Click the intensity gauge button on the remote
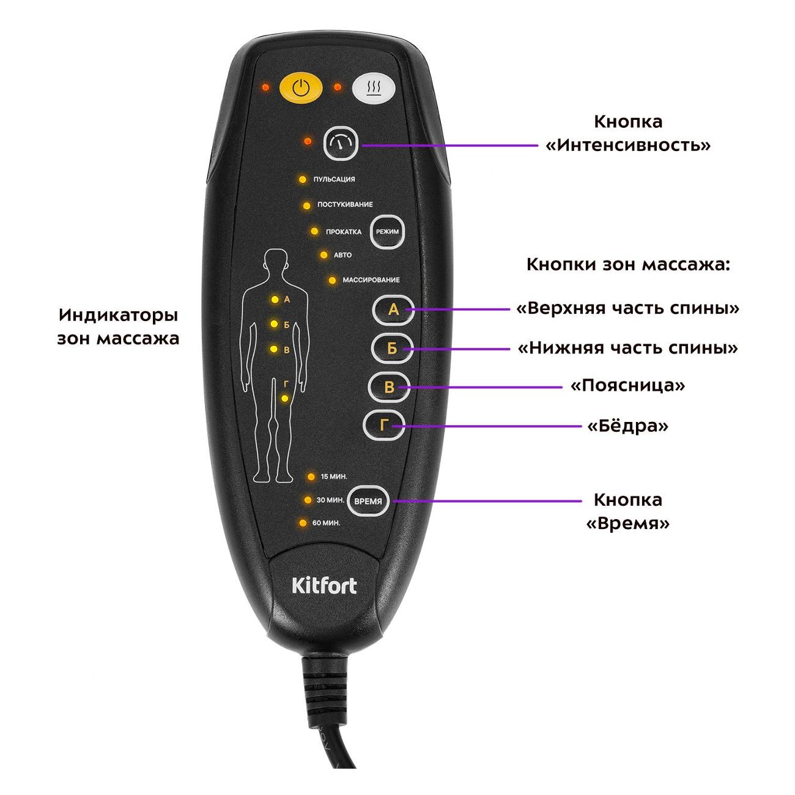[341, 144]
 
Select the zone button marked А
[393, 311]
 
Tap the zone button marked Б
[392, 349]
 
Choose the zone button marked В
[387, 387]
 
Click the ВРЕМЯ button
[368, 501]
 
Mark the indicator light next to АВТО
[324, 254]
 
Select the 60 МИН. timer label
[325, 523]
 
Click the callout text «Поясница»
[627, 386]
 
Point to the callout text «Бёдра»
[627, 426]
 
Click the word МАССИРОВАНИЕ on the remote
[371, 280]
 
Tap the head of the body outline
[275, 262]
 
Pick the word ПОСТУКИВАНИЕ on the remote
[345, 204]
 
